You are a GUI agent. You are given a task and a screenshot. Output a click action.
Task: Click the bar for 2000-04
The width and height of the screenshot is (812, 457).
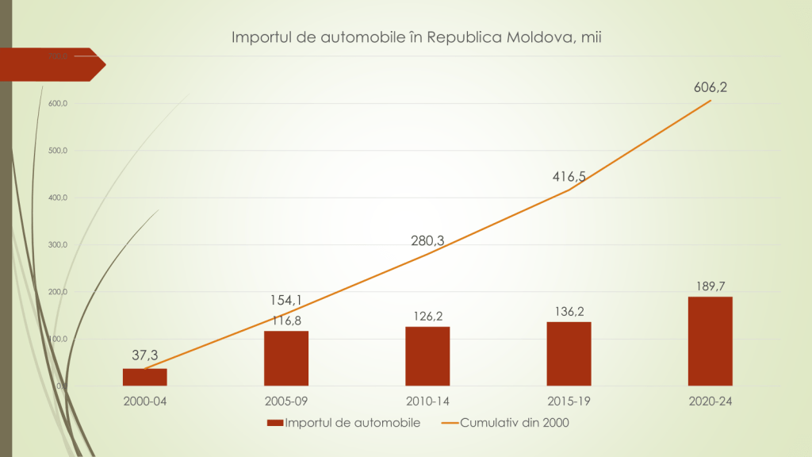144,377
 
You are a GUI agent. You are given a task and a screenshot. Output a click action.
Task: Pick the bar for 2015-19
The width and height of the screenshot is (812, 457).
569,353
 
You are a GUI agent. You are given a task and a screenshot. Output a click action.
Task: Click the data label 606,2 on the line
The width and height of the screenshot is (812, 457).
710,87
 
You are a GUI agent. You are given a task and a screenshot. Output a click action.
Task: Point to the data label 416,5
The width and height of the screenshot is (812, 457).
569,177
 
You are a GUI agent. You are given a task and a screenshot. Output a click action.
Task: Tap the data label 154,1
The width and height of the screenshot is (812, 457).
286,300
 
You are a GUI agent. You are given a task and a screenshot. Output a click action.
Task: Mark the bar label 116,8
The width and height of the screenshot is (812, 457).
286,320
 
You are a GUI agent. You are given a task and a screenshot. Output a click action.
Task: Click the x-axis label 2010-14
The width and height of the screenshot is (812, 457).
427,401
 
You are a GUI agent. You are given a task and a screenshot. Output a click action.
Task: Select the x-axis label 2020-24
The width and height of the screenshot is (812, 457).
710,401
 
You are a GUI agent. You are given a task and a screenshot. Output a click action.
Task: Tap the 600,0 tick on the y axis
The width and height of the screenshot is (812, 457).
58,104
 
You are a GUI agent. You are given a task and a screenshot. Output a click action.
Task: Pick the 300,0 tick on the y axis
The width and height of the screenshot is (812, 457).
58,245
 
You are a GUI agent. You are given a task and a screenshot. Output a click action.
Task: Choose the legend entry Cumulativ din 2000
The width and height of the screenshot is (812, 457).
507,423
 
